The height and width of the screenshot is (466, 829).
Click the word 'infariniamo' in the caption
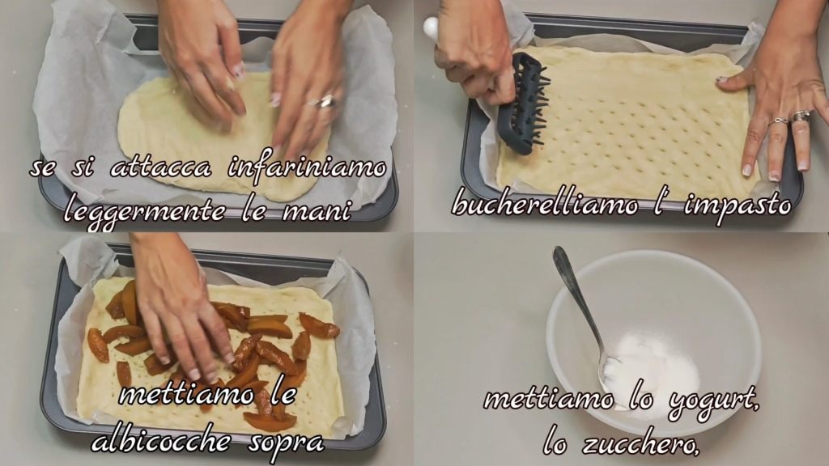click(307, 169)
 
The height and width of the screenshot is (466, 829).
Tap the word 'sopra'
click(286, 443)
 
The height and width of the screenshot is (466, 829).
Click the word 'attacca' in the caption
click(161, 168)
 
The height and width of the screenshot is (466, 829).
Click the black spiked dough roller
click(523, 104)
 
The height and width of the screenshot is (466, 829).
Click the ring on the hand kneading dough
click(324, 102)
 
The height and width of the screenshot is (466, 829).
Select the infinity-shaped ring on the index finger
click(778, 122)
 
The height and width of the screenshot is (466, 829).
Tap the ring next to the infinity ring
click(800, 116)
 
